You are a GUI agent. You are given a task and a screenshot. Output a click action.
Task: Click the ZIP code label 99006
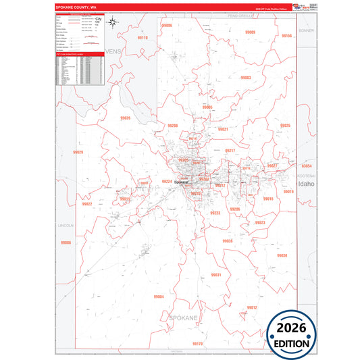coord(167,25)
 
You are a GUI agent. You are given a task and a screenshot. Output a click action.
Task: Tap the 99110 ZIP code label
coord(142,38)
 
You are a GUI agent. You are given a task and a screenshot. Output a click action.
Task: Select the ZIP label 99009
coord(251,32)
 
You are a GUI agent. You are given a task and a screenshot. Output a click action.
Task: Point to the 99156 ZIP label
coord(286,35)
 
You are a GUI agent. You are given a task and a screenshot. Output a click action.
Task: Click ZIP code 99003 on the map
coord(245,78)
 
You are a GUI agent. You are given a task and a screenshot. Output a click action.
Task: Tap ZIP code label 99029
coord(78,152)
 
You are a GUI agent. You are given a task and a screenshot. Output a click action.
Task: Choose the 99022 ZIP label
coord(86,203)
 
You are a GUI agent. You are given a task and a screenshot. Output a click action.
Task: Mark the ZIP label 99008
coord(66,242)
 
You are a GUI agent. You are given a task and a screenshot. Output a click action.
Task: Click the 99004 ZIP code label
coord(159,297)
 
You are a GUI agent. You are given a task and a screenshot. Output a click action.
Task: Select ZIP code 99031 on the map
coord(215,275)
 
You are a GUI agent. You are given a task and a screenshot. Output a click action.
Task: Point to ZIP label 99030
coord(282,255)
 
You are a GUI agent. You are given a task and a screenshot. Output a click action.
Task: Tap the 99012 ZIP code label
coord(251,307)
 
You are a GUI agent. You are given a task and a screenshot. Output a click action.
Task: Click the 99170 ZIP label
coord(197,344)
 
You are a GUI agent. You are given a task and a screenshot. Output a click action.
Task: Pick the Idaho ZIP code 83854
coord(307,165)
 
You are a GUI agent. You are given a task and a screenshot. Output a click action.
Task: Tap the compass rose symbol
coord(115,24)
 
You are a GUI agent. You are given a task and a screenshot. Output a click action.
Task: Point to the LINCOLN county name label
coord(66,224)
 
